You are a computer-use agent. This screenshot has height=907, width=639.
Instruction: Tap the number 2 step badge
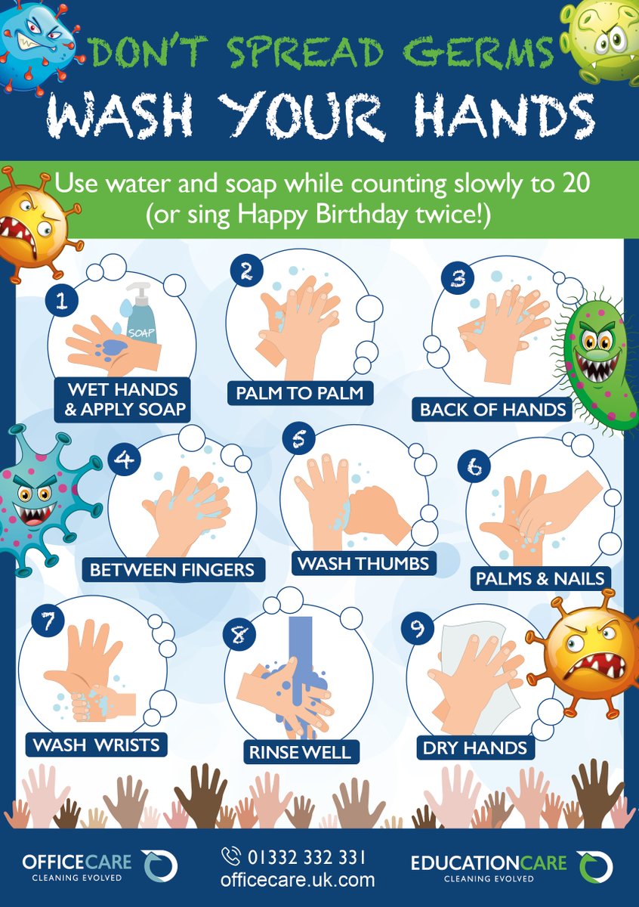pos(246,271)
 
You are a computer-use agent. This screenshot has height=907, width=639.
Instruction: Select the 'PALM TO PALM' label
pos(300,393)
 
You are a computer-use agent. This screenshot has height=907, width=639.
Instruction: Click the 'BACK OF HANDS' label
pos(492,410)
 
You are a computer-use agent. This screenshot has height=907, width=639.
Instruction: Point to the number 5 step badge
pos(299,439)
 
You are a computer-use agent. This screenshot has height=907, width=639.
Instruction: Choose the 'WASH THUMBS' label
pos(364,563)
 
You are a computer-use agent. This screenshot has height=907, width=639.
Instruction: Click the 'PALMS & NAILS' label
pos(540,578)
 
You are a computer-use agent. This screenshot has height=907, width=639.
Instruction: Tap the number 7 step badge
pos(48,621)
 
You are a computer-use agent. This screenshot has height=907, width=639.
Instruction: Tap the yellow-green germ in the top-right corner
pos(600,42)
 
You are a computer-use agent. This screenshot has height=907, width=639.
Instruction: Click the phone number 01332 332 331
pos(307,857)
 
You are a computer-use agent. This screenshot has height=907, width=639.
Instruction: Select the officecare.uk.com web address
pos(298,880)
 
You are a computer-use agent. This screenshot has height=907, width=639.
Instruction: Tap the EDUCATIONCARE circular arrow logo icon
pos(595,866)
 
